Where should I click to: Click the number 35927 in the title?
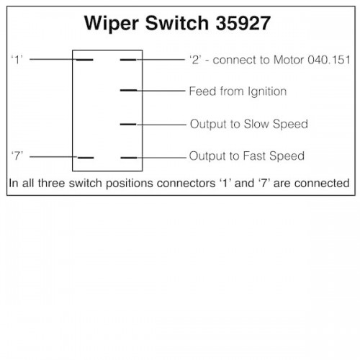243,23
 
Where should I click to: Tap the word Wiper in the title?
112,24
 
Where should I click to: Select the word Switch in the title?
177,23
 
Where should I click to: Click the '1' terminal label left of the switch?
17,60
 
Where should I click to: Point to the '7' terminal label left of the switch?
17,156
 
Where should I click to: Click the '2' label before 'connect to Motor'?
195,60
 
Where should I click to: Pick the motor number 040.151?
329,60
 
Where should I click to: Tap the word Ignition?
267,91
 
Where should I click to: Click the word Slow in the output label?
256,124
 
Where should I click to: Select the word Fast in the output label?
254,156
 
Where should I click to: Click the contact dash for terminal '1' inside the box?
85,60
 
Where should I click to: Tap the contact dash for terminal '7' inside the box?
86,158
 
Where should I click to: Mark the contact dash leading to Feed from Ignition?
128,91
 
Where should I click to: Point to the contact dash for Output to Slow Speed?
128,125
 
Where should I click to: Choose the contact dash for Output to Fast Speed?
129,158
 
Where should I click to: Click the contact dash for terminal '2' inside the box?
128,60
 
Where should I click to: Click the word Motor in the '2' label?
289,60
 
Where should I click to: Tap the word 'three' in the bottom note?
52,183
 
